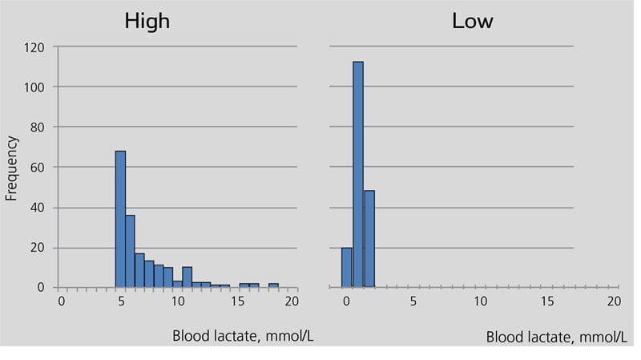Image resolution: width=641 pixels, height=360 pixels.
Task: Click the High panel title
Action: coord(147,21)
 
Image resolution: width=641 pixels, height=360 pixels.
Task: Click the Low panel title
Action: coord(473,21)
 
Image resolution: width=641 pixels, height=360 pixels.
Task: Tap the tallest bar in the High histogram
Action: coord(120,219)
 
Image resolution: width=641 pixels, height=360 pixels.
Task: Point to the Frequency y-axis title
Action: coord(11,168)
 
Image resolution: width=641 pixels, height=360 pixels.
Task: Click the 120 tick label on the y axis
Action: coord(34,47)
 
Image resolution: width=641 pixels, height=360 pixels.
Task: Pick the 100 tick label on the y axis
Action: coord(34,87)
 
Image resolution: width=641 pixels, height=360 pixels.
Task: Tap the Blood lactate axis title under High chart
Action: coord(243,335)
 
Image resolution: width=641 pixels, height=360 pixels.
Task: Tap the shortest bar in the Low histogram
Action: coord(347,267)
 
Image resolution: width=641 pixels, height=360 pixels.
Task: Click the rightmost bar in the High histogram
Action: coord(273,285)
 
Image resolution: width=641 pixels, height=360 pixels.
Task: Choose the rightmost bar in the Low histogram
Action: coord(369,239)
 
